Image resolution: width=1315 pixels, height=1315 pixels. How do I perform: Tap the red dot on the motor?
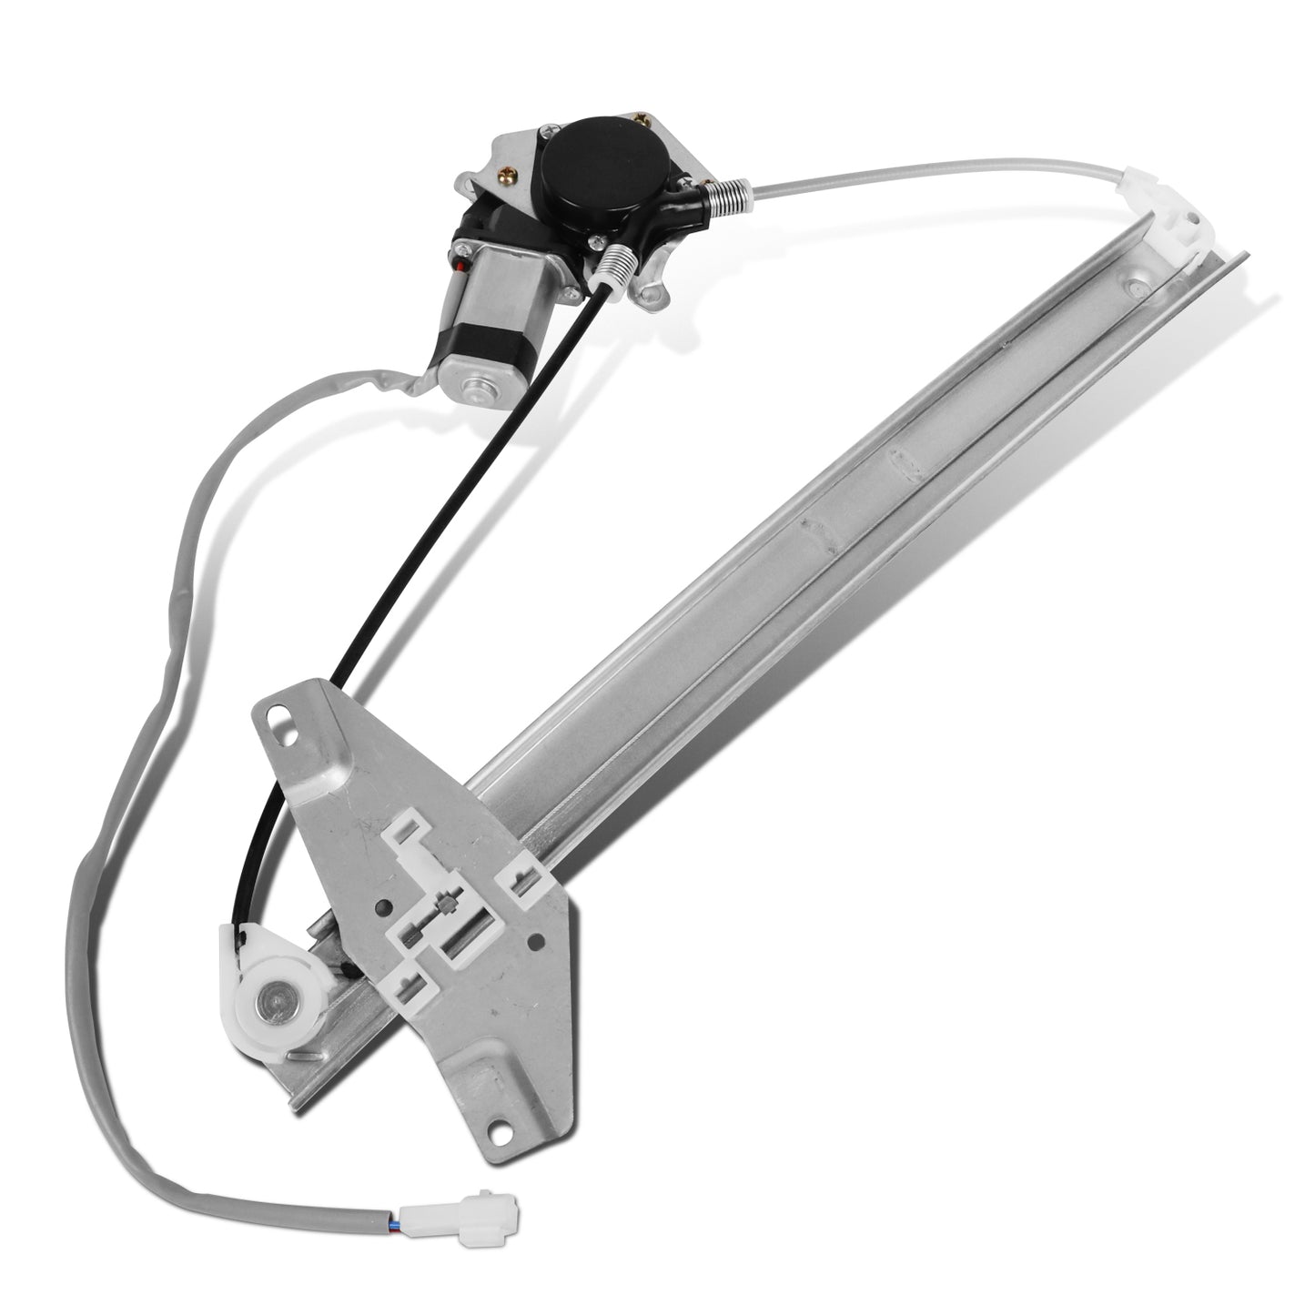tap(465, 267)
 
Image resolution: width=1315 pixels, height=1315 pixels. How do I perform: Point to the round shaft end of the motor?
tap(474, 388)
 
